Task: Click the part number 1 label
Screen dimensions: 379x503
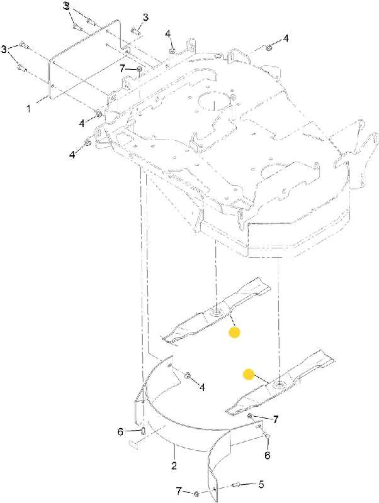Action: tap(28, 109)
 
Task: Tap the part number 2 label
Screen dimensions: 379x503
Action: tap(174, 465)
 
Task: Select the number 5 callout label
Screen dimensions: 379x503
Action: tap(261, 475)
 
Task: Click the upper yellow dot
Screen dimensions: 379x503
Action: tap(234, 333)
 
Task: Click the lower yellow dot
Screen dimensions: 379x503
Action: tap(248, 374)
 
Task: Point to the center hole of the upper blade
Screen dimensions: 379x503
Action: tap(216, 312)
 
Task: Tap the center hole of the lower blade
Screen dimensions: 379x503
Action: tap(279, 384)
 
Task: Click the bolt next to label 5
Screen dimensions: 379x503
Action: tap(236, 477)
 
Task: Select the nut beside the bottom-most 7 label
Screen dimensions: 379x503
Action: tap(197, 494)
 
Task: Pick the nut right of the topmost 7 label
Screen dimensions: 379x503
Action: tap(139, 69)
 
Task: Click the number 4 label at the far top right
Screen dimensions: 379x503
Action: tap(286, 38)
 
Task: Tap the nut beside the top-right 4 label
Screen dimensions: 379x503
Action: tap(269, 48)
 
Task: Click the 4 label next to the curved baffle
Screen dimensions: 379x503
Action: tap(202, 387)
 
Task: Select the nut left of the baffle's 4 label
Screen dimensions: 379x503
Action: tap(187, 375)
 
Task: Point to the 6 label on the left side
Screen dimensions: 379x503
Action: tap(120, 432)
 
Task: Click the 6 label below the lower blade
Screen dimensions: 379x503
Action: tap(267, 455)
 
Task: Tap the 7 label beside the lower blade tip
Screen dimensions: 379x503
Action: tap(275, 419)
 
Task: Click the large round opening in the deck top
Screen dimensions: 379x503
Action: tap(215, 101)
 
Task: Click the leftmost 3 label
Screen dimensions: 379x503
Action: tap(4, 50)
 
